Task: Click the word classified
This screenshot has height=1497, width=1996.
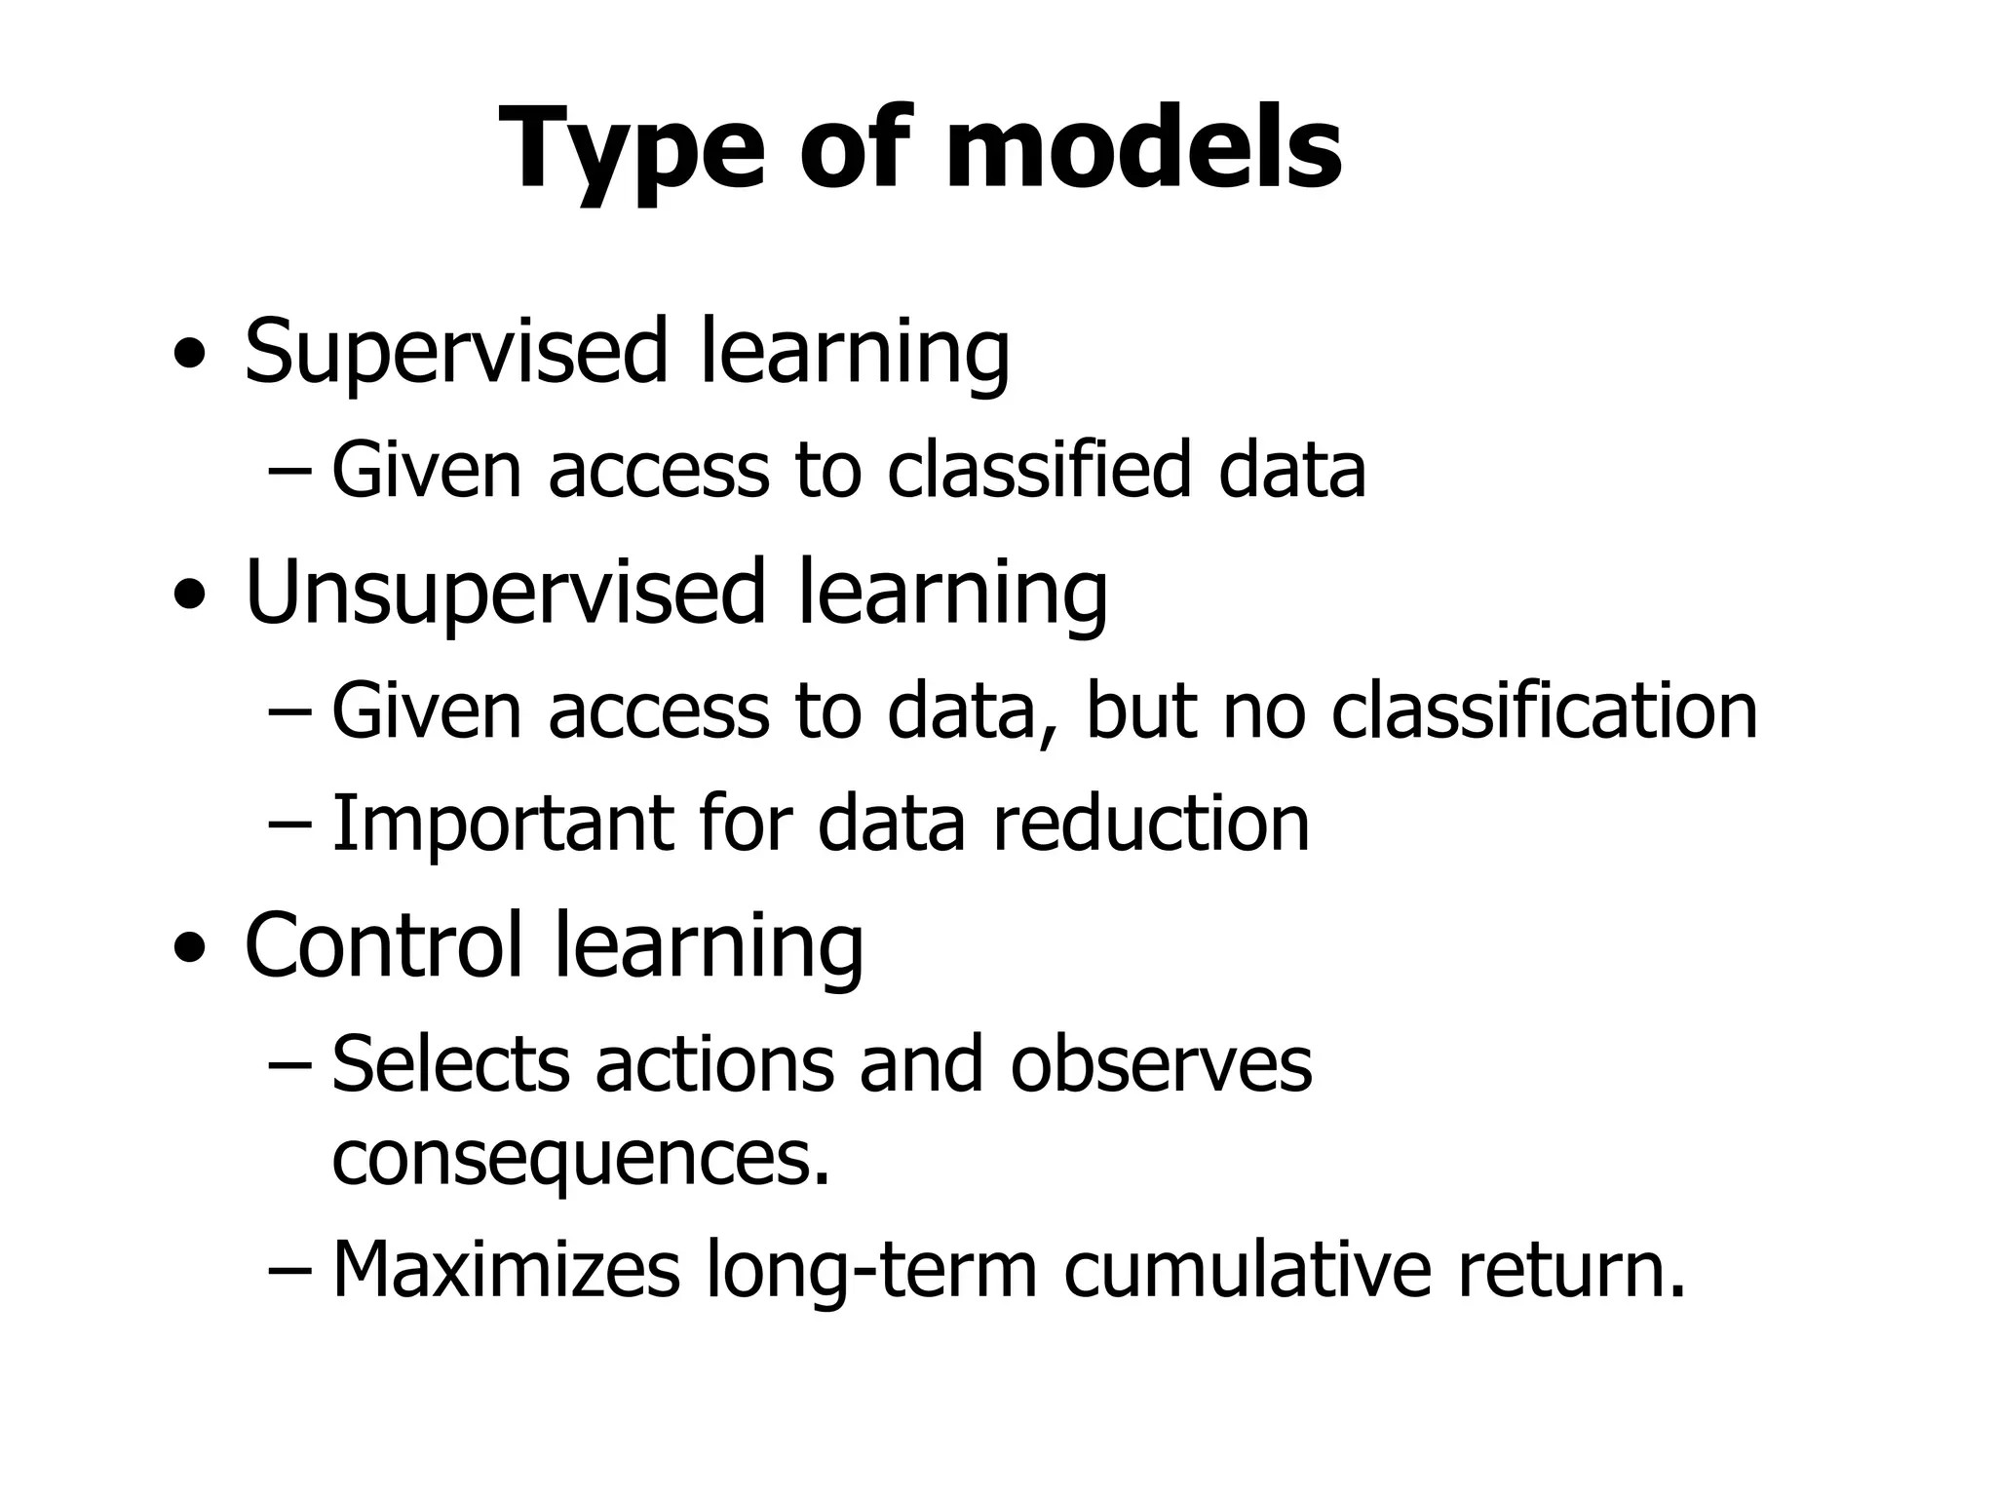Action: pos(1039,470)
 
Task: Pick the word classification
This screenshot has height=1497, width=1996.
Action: pos(1544,710)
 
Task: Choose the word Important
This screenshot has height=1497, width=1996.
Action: pos(502,825)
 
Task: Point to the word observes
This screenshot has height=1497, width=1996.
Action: pos(1161,1064)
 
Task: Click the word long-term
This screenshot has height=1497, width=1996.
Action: pos(872,1271)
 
